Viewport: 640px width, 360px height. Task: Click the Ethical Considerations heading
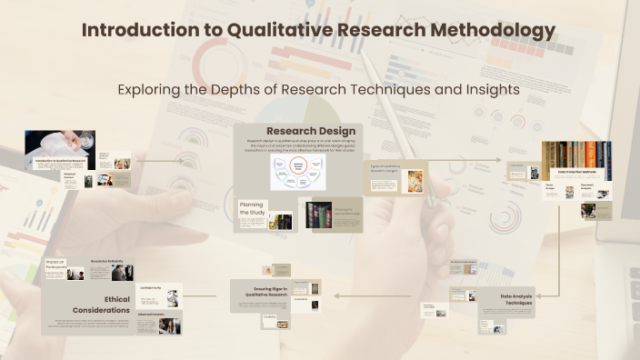(x=103, y=303)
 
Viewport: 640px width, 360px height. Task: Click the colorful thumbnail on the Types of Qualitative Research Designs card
(x=415, y=180)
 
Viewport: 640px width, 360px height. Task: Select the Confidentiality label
(x=151, y=288)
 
